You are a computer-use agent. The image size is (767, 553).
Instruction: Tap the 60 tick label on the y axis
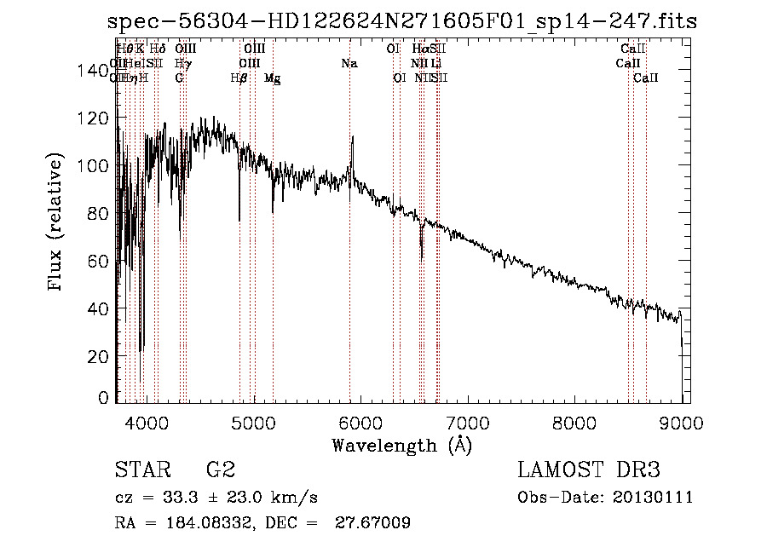(x=96, y=261)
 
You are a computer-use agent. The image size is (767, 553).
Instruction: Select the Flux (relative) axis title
(x=57, y=224)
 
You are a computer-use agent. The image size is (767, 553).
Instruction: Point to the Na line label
(x=349, y=63)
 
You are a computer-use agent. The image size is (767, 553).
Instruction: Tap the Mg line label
(x=273, y=78)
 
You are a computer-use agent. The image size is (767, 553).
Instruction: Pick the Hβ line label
(x=239, y=78)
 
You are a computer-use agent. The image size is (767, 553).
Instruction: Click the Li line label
(x=435, y=63)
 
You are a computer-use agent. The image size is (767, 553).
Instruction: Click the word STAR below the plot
(x=141, y=470)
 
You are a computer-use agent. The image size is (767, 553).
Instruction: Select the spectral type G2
(x=220, y=470)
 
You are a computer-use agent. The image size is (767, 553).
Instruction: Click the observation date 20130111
(x=654, y=498)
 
